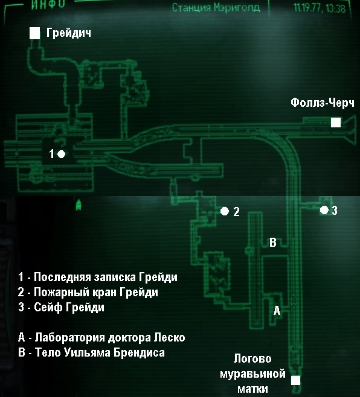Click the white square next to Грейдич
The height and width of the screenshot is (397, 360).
click(35, 33)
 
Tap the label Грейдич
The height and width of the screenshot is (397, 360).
click(69, 33)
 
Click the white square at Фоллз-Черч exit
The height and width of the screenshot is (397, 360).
click(336, 122)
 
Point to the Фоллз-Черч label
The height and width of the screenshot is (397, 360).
click(323, 103)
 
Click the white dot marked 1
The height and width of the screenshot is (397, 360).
click(62, 154)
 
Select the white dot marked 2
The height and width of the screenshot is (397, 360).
click(225, 211)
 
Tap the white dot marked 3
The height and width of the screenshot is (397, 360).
click(324, 210)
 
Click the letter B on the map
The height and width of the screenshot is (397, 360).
click(273, 243)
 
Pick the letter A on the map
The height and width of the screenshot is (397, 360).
click(277, 310)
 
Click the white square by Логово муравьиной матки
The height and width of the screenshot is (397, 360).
click(295, 380)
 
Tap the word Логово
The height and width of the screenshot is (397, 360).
click(252, 358)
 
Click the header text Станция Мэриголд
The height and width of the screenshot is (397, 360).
click(216, 8)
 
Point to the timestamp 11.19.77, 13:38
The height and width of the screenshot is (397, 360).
click(320, 8)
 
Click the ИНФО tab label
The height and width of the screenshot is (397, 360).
click(48, 5)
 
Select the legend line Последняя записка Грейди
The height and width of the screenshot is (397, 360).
click(98, 277)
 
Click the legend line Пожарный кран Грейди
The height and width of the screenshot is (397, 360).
click(88, 292)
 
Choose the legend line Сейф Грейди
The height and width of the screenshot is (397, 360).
click(62, 307)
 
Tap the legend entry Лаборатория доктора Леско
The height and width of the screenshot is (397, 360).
click(101, 337)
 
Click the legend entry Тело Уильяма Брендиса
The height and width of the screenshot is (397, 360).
click(92, 352)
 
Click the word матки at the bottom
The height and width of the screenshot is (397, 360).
click(252, 389)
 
